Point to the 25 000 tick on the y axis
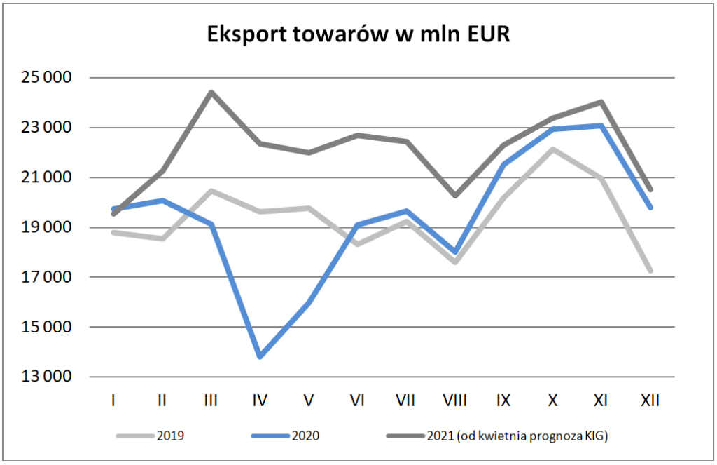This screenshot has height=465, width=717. point(46,78)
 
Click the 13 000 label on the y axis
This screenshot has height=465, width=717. point(46,377)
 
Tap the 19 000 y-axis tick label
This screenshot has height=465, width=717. point(46,227)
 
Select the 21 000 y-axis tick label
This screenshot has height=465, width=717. point(46,177)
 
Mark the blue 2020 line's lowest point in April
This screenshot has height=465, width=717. point(260,356)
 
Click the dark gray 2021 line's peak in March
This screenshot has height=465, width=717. point(211,92)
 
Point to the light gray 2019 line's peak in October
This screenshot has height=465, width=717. point(552,149)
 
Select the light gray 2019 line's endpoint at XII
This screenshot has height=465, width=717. point(650,270)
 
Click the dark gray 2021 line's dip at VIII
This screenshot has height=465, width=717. point(455,196)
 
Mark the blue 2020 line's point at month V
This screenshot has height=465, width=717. point(309,302)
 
